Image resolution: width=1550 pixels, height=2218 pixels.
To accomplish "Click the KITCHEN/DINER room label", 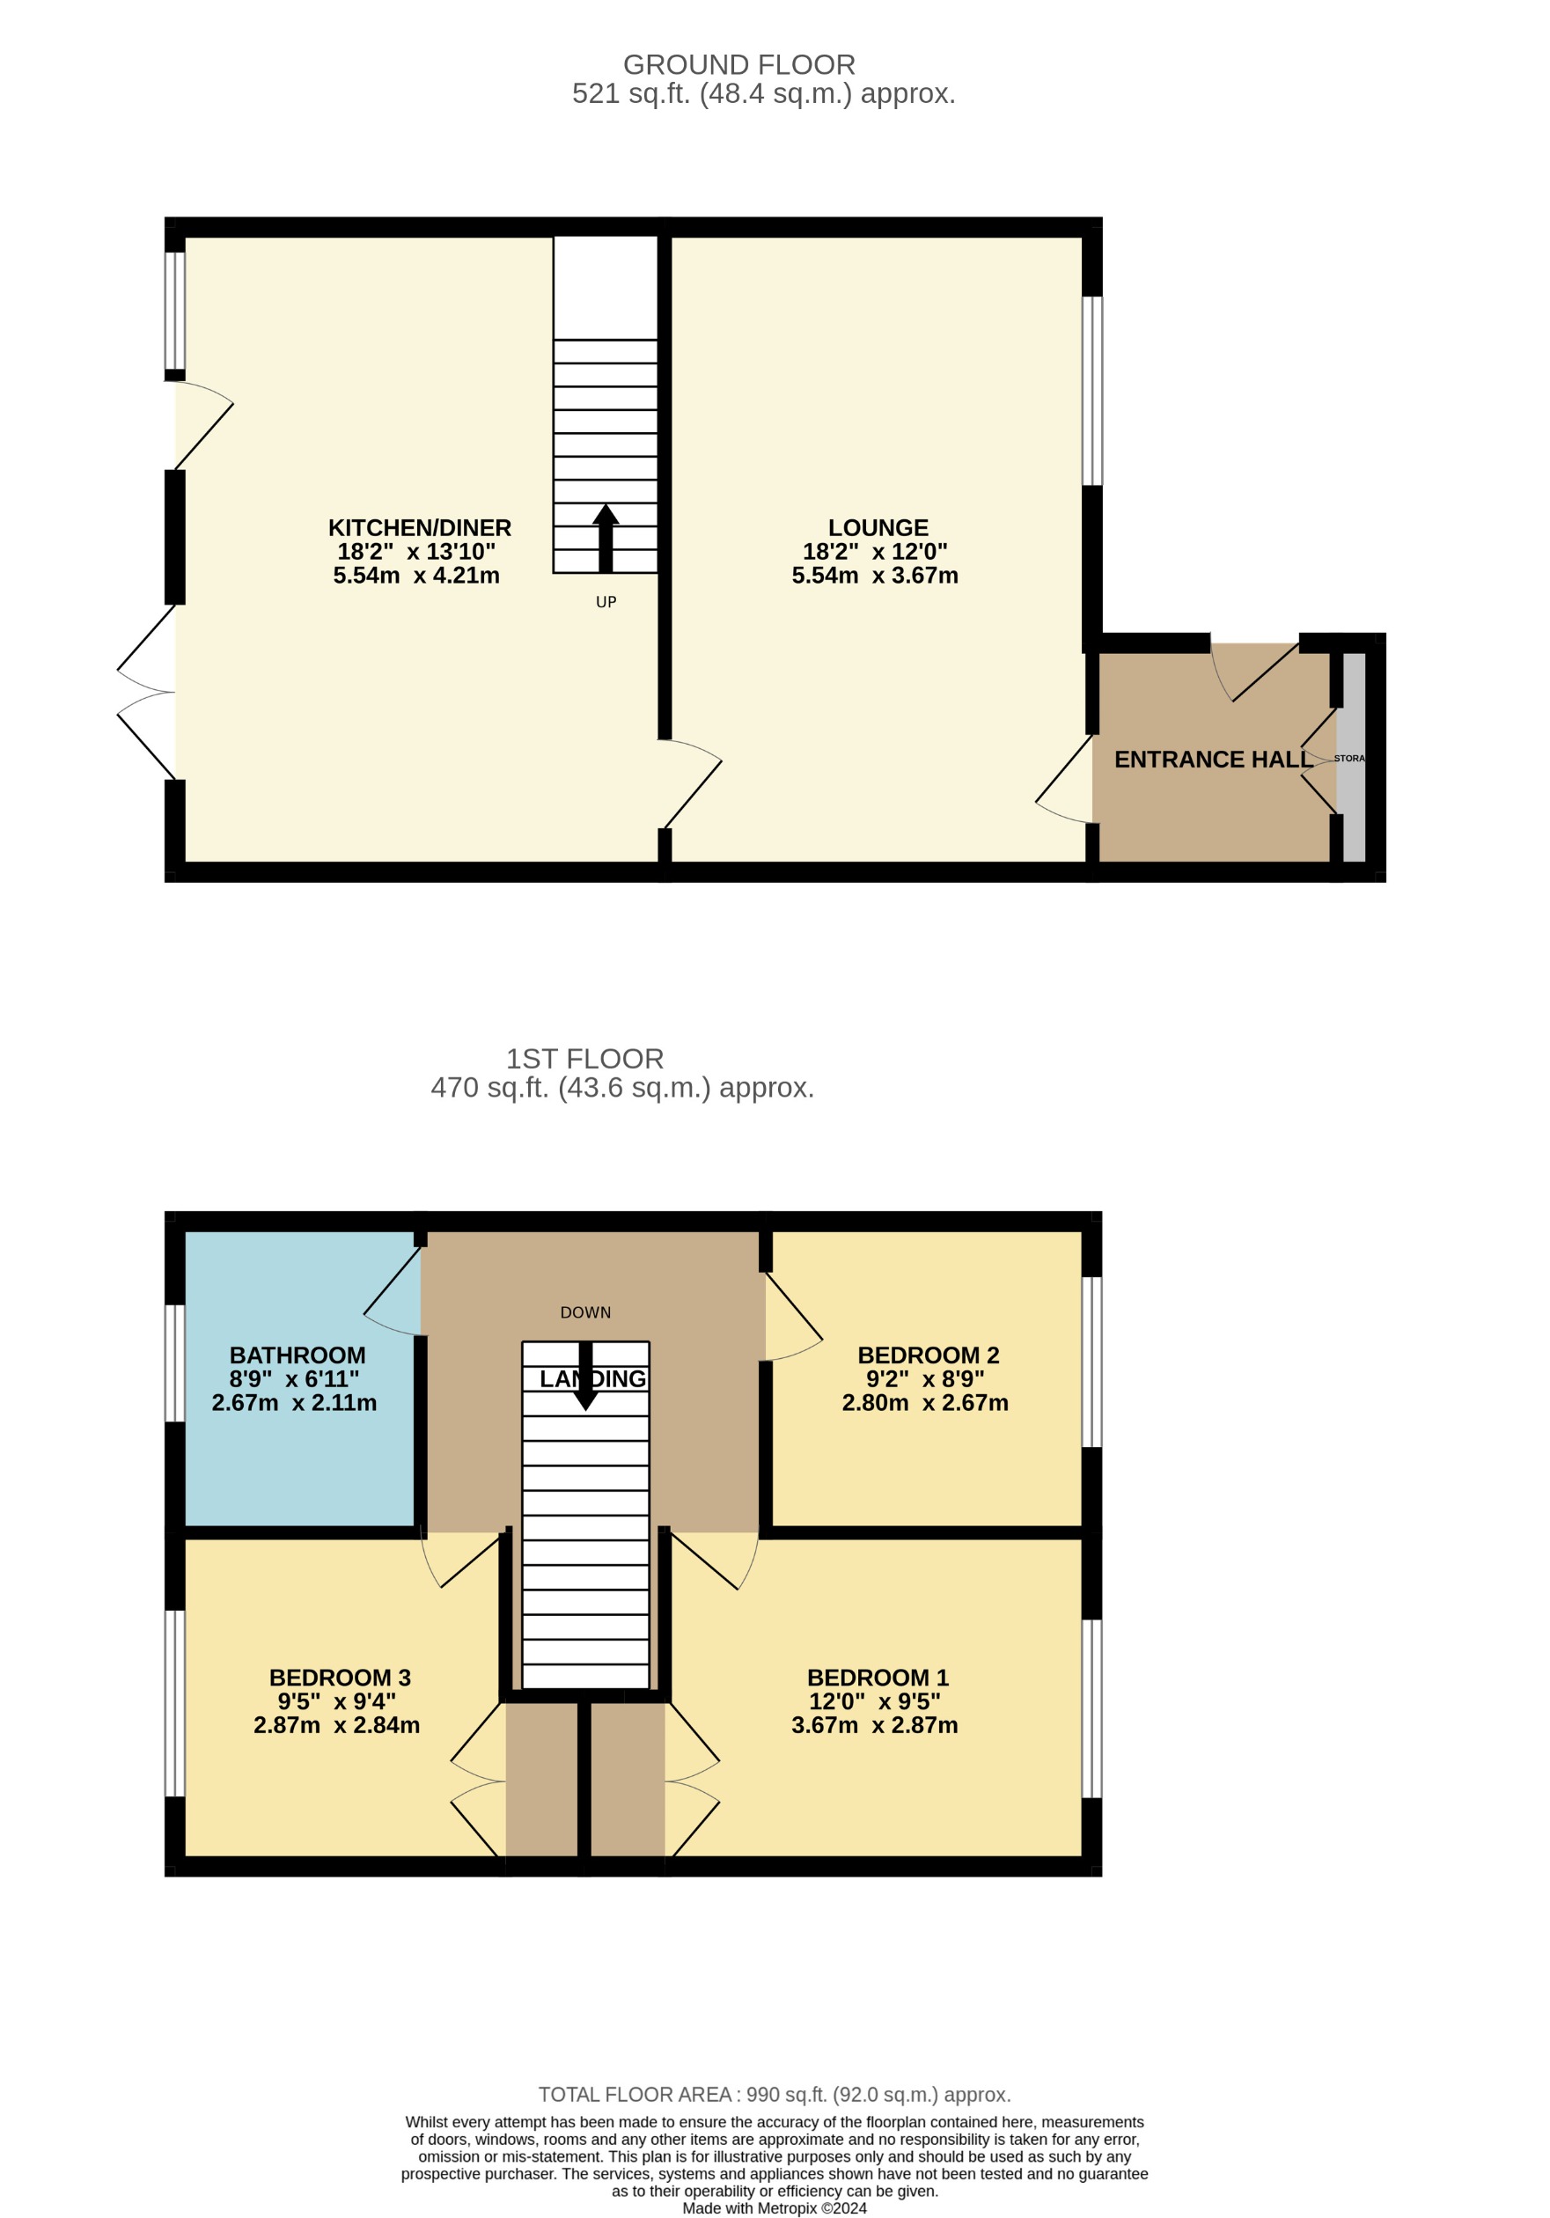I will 419,527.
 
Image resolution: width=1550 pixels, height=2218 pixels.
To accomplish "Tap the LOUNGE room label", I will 878,527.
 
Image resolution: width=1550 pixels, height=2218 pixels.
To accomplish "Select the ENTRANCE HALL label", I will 1213,760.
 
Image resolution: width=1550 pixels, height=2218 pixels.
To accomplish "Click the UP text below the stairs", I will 606,602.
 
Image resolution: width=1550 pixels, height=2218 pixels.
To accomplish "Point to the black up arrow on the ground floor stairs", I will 606,537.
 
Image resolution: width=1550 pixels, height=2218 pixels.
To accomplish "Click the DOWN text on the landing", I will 585,1311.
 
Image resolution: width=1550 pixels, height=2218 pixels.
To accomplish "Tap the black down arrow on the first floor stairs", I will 585,1377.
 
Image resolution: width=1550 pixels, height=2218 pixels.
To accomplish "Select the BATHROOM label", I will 298,1355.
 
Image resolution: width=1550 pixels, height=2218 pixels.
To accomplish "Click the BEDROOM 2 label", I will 928,1355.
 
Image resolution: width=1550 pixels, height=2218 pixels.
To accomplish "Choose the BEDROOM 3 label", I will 340,1677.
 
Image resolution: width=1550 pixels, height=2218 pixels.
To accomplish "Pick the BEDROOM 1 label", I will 878,1677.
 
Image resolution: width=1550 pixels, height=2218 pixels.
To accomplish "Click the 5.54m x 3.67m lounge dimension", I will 875,576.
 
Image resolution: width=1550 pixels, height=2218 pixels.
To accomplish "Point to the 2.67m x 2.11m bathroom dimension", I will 294,1403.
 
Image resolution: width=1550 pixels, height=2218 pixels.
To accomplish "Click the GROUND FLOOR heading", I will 739,65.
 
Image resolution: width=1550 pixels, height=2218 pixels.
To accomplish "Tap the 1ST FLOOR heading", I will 584,1059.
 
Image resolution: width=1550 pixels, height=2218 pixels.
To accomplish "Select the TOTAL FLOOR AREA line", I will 774,2095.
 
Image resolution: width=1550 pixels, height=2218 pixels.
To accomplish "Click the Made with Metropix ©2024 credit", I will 774,2208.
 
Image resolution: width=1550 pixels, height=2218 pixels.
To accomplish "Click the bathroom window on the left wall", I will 175,1363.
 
